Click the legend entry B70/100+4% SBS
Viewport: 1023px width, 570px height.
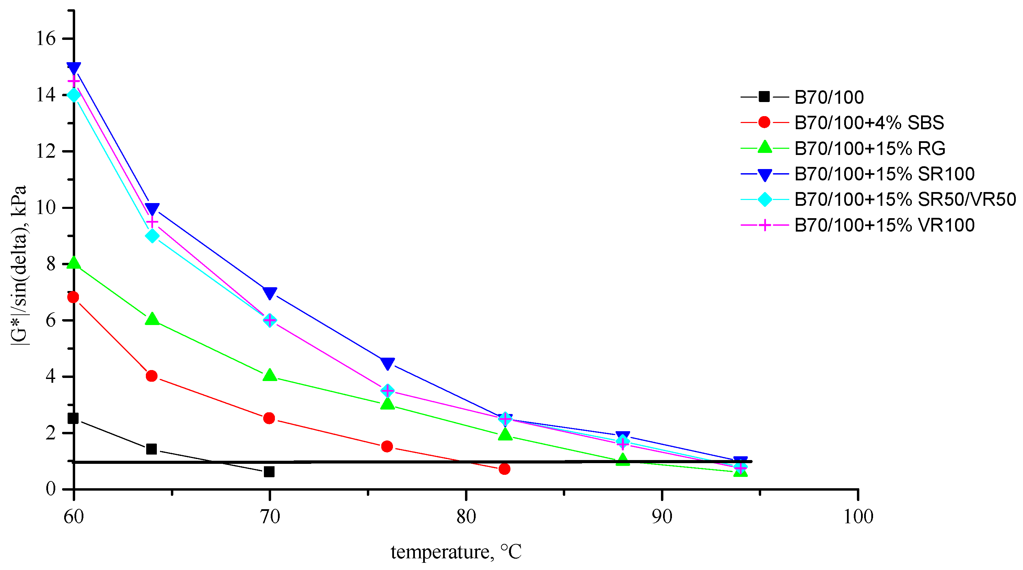869,122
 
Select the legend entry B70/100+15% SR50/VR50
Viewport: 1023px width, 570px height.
905,199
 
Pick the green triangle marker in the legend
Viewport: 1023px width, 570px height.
765,147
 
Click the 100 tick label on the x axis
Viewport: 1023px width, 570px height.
858,517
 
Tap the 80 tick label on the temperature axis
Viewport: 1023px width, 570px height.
466,517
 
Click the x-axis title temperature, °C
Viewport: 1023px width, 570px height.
456,552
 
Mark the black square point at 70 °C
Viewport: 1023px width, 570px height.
269,472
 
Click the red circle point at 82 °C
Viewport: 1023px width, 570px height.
504,469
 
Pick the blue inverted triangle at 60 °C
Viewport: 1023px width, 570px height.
74,68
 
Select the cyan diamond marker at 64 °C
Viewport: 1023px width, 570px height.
152,236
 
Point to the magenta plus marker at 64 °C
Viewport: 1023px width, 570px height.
152,222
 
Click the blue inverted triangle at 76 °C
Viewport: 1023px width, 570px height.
387,363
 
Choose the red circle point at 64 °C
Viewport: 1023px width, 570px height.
151,376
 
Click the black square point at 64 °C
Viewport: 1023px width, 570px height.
151,449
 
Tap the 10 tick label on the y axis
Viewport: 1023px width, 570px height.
46,208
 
